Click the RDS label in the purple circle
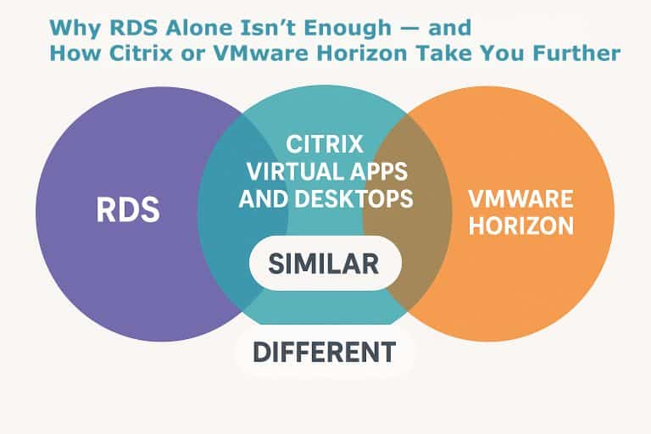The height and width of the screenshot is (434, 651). tap(126, 209)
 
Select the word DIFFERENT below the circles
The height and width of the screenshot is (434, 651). tap(325, 350)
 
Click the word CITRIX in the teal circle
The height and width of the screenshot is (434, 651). tap(325, 142)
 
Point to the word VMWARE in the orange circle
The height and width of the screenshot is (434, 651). tap(520, 200)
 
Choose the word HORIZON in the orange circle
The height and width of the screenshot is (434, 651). tap(520, 226)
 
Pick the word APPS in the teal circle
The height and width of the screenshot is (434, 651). tap(376, 170)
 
